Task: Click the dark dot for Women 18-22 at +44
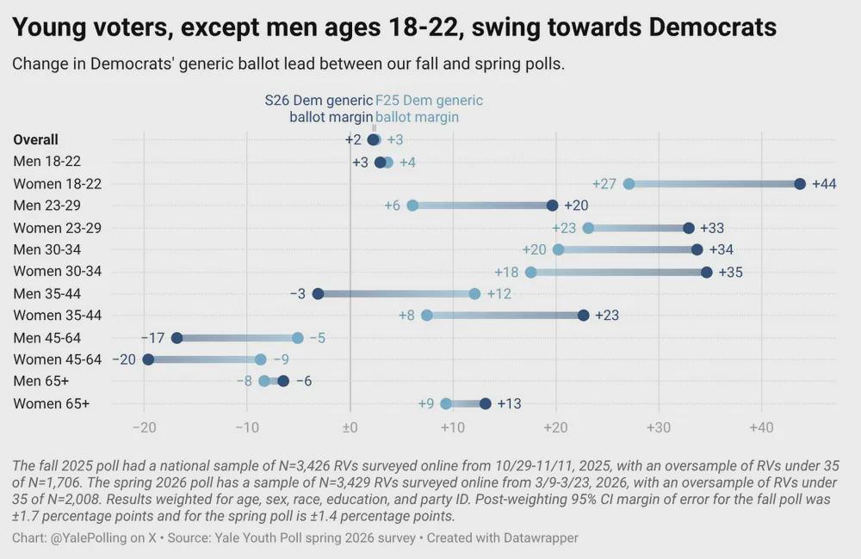(x=800, y=184)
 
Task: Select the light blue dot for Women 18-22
(x=629, y=184)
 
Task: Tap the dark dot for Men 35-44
(x=318, y=294)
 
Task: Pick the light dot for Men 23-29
(x=412, y=206)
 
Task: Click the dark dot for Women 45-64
(x=148, y=359)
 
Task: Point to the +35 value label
(x=730, y=272)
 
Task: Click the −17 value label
(x=152, y=338)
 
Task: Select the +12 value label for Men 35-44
(x=499, y=294)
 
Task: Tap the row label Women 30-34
(x=58, y=272)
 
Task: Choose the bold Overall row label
(x=36, y=140)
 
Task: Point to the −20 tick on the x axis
(x=144, y=427)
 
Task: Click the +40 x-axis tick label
(x=761, y=427)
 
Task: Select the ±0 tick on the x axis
(x=350, y=427)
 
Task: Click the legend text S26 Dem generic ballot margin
(x=319, y=108)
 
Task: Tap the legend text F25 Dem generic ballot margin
(x=429, y=108)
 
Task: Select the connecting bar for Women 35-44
(x=505, y=316)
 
